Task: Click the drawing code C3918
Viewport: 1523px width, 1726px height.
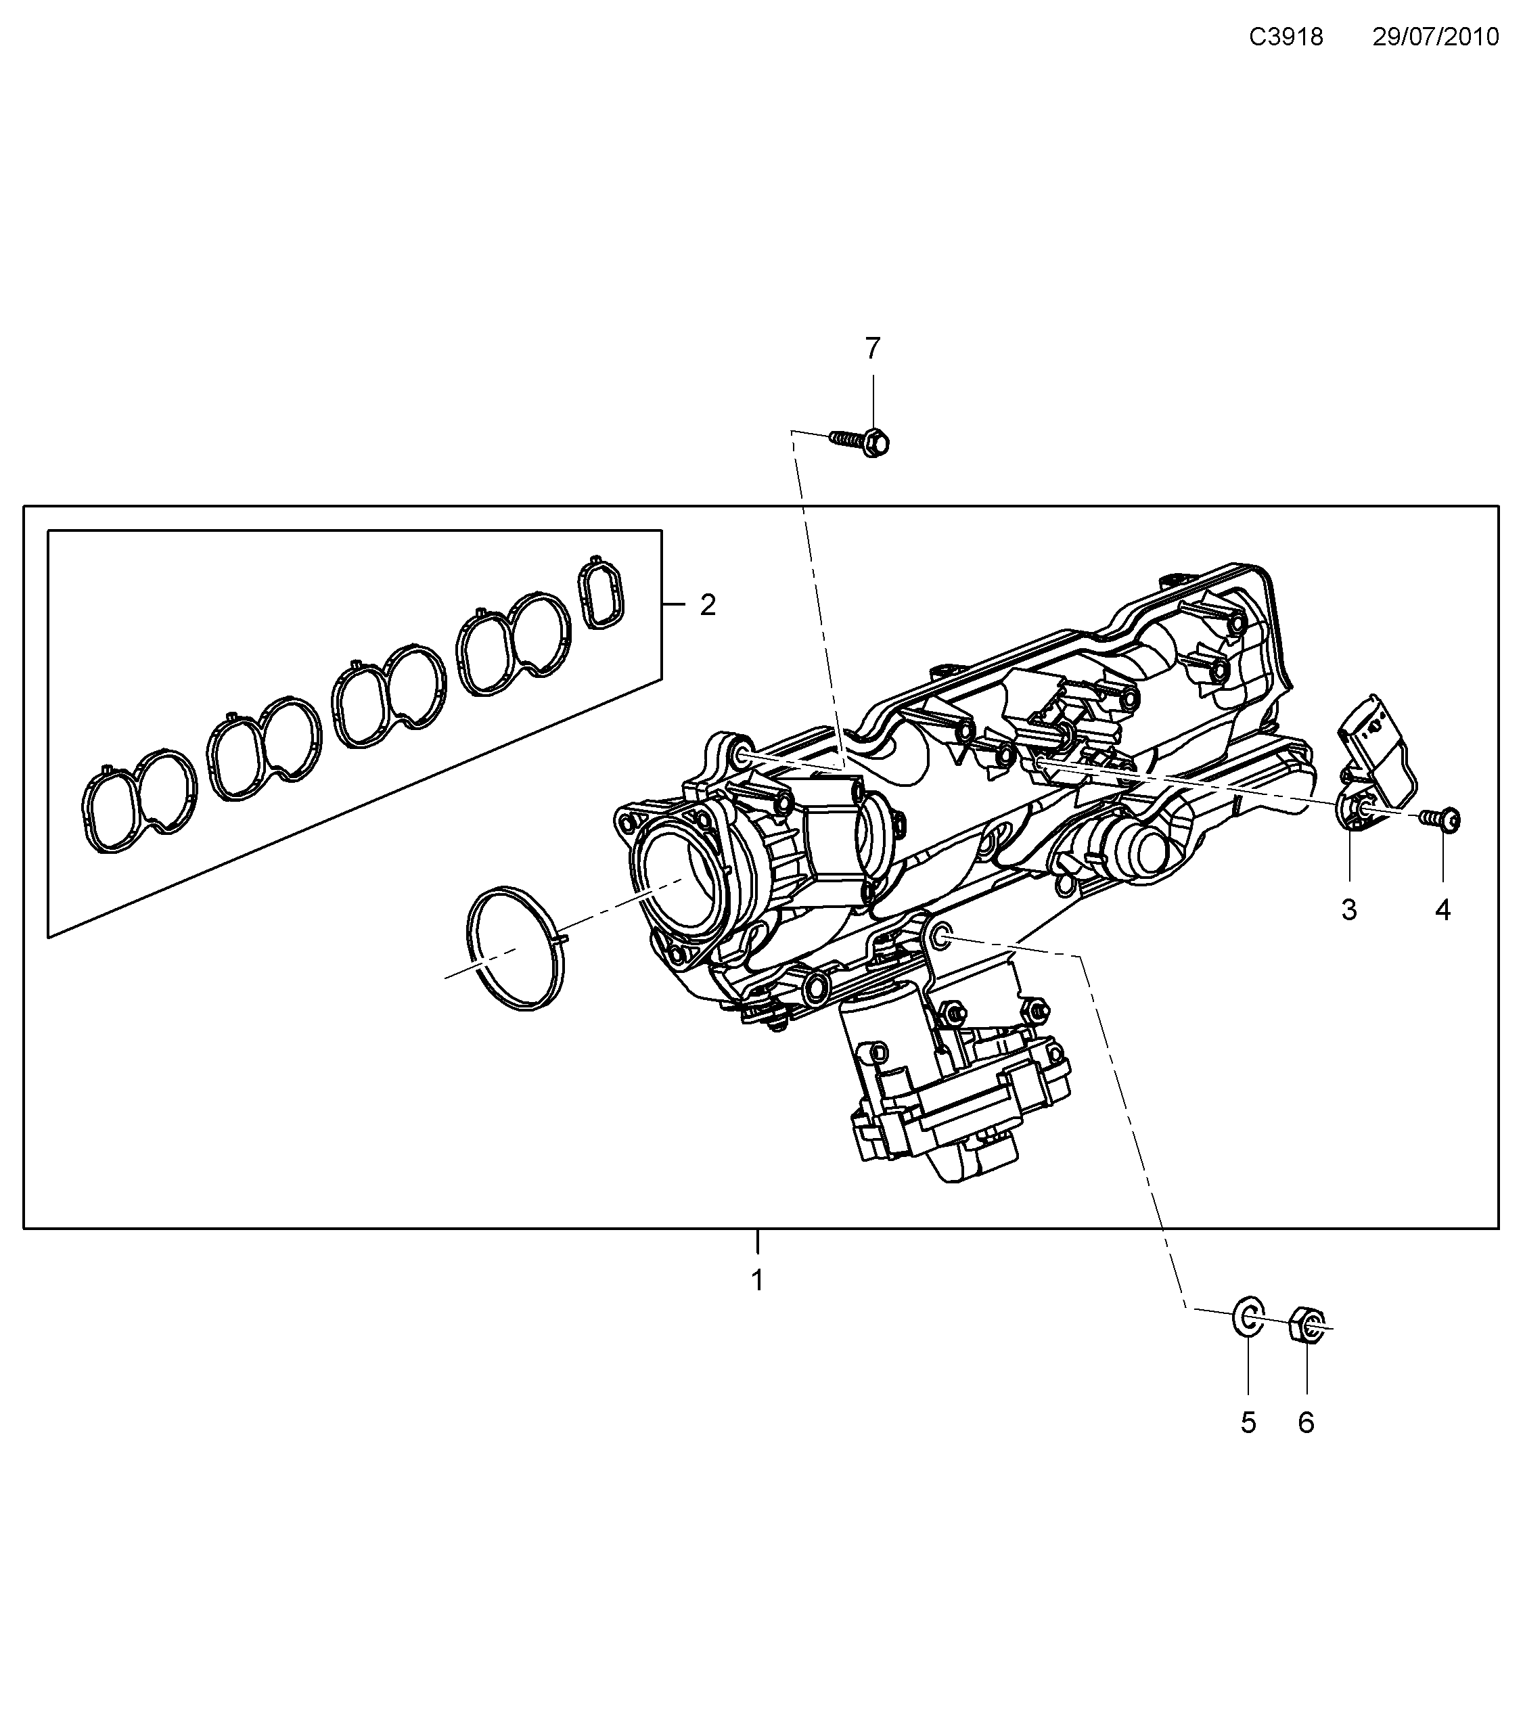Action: tap(1286, 37)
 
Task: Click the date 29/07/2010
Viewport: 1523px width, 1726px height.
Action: tap(1435, 37)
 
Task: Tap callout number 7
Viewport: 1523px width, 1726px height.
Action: tap(872, 348)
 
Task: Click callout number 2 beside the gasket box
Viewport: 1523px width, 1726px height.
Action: tap(708, 605)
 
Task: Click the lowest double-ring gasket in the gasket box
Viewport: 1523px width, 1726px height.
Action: tap(139, 800)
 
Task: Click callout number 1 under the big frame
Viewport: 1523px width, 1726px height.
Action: tap(757, 1280)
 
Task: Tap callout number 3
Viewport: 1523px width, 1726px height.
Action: tap(1348, 909)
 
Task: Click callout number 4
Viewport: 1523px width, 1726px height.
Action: tap(1442, 909)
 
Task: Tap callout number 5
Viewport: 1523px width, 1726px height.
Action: tap(1248, 1423)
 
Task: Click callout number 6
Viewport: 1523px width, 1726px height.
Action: tap(1306, 1423)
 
